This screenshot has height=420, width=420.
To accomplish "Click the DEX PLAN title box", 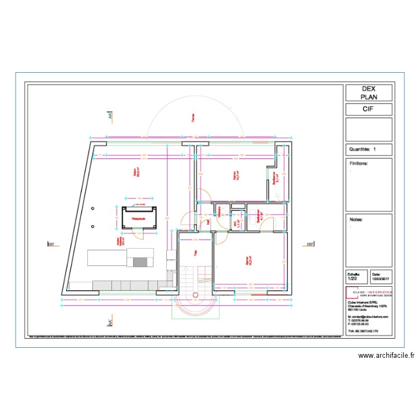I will pyautogui.click(x=368, y=92).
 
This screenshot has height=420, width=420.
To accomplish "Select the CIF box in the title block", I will pyautogui.click(x=368, y=109).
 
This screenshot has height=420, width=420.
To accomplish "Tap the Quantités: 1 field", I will pyautogui.click(x=363, y=150).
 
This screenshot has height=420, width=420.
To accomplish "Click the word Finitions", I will pyautogui.click(x=358, y=164).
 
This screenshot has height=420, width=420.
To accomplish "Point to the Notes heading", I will pyautogui.click(x=356, y=220).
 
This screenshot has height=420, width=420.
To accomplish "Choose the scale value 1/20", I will pyautogui.click(x=352, y=278).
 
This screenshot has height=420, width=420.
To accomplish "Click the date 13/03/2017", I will pyautogui.click(x=380, y=278).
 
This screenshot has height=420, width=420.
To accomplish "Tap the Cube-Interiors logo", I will pyautogui.click(x=369, y=293).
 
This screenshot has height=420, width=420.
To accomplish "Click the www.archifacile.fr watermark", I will pyautogui.click(x=386, y=355).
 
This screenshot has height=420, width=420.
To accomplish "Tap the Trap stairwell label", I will pyautogui.click(x=195, y=253).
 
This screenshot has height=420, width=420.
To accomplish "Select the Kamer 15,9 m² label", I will pyautogui.click(x=248, y=260).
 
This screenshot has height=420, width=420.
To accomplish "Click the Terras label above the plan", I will pyautogui.click(x=193, y=118).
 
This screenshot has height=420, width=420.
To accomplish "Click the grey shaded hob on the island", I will pyautogui.click(x=141, y=262).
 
